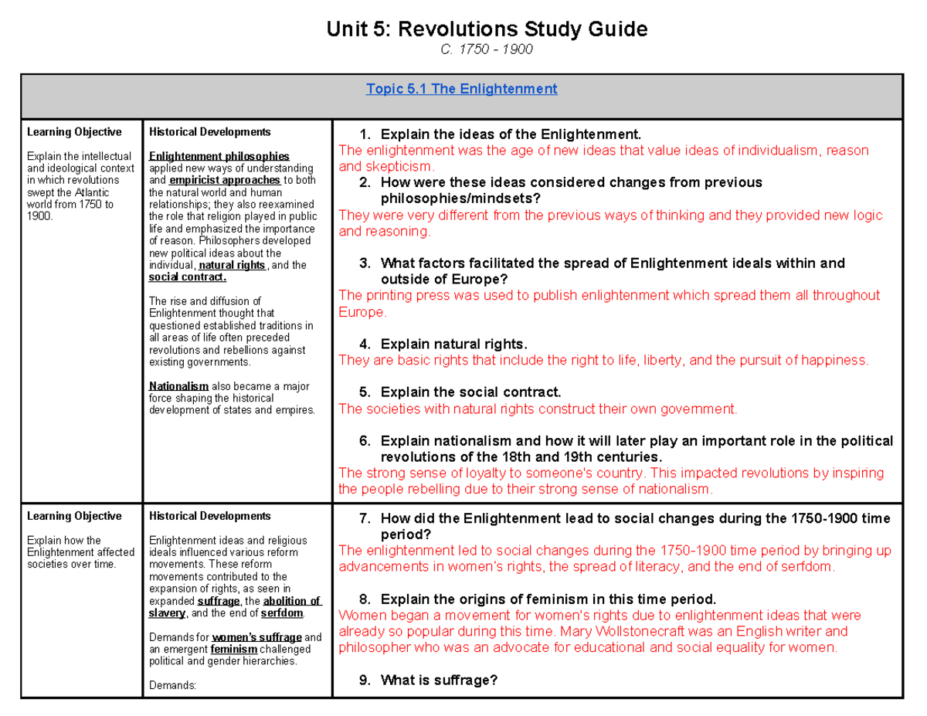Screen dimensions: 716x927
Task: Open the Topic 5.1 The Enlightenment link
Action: tap(462, 89)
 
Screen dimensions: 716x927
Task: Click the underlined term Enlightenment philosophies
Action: tap(219, 156)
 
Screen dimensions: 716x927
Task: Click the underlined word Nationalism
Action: tap(178, 385)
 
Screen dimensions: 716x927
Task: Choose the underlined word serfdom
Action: tap(282, 613)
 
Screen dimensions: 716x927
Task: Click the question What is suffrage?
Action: tap(439, 680)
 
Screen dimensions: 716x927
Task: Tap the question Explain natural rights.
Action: tap(454, 344)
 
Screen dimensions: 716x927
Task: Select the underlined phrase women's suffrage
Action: tap(256, 637)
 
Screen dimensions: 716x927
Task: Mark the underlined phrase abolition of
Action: tap(291, 601)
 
